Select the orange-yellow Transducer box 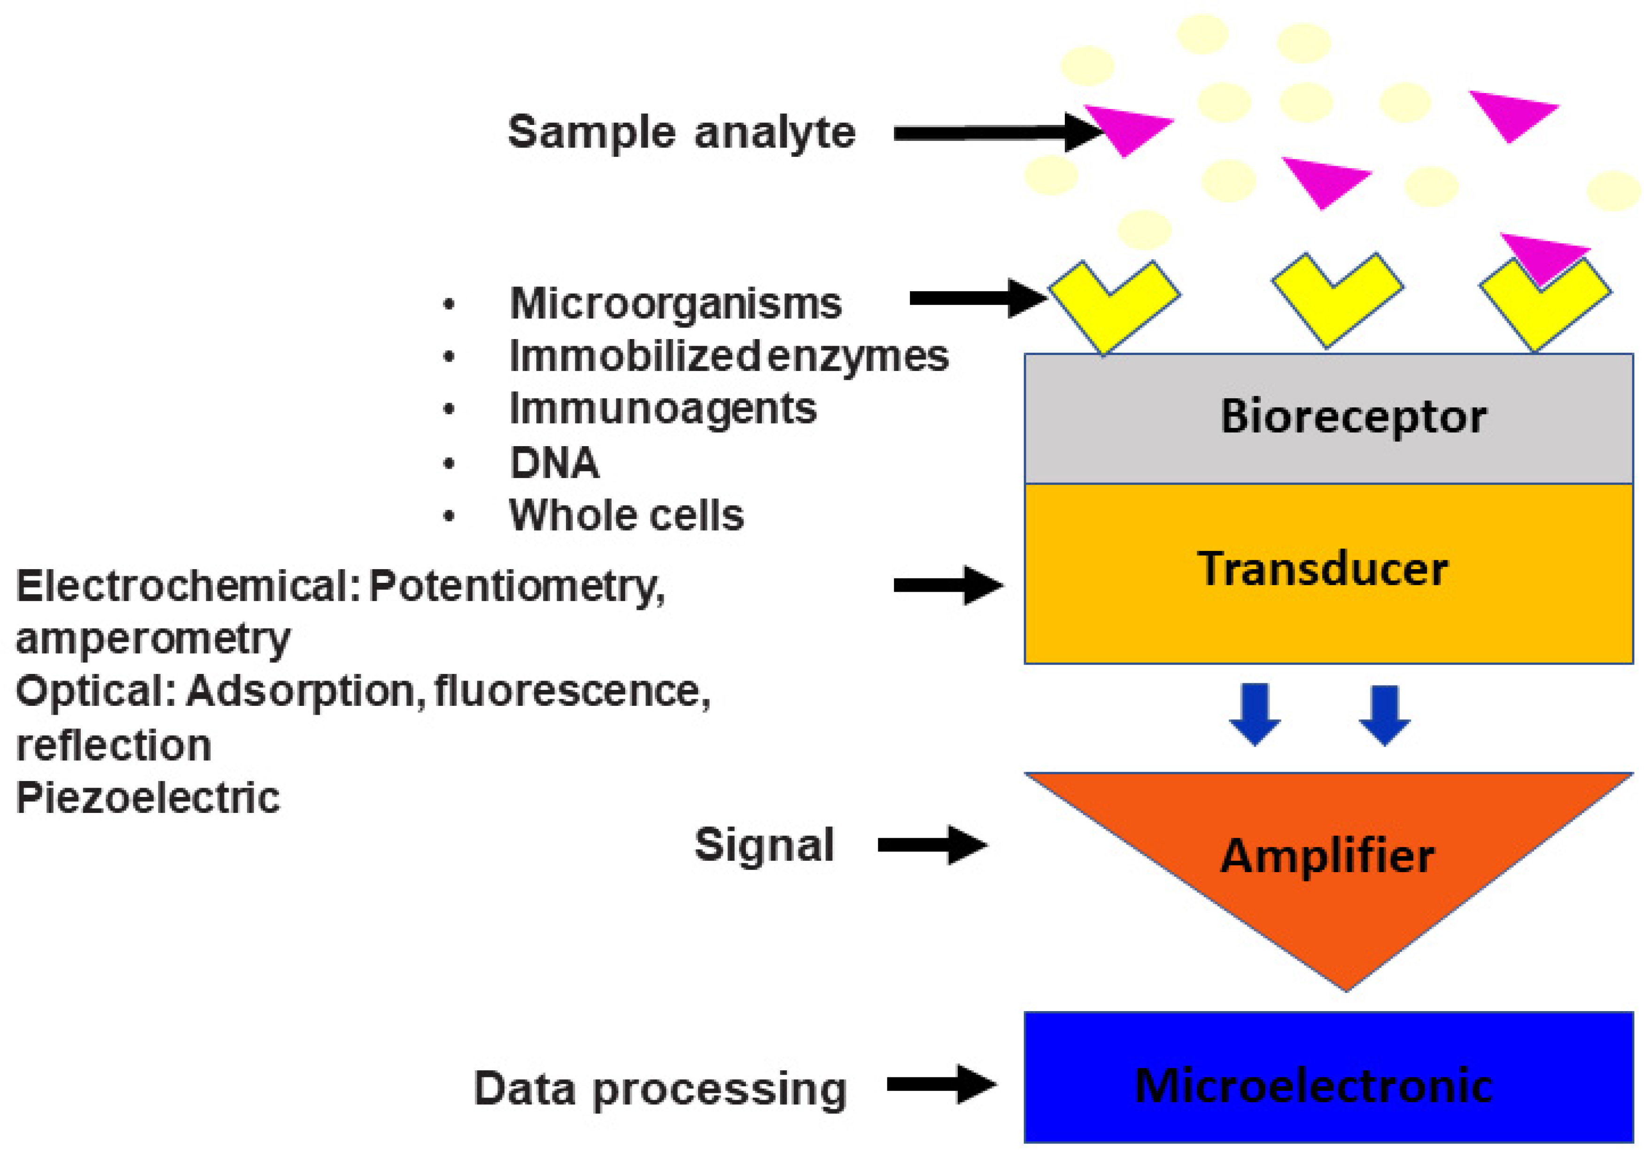tap(1328, 573)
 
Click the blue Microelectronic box tap(1328, 1085)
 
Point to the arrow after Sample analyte tap(995, 133)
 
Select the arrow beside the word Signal tap(931, 845)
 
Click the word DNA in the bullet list tap(554, 463)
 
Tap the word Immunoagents tap(662, 409)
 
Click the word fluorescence tap(571, 692)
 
